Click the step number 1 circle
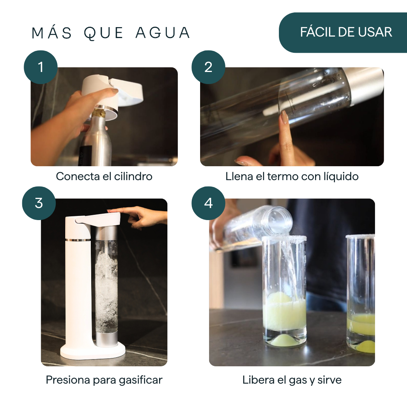(x=40, y=67)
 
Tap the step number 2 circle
(x=208, y=67)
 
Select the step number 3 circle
(x=39, y=203)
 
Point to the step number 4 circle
(x=208, y=203)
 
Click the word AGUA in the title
(x=163, y=33)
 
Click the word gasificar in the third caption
(x=141, y=380)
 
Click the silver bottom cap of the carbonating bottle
(x=106, y=339)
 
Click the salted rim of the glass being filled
(x=284, y=238)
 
